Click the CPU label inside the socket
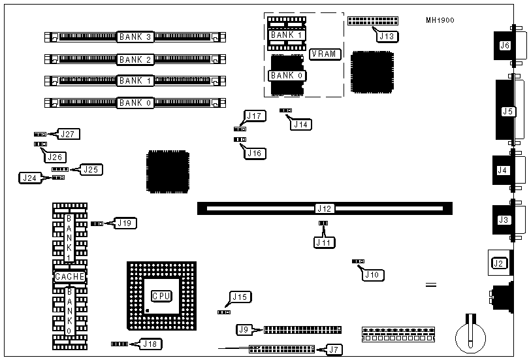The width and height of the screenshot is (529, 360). coord(161,296)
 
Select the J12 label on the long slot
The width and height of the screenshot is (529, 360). coord(325,209)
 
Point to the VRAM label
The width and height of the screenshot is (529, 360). coord(325,54)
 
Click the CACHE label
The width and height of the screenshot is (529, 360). coord(70,277)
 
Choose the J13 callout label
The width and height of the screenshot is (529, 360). coord(386,37)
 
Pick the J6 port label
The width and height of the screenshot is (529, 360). coord(504,46)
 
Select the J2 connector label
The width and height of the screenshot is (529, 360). coord(499,263)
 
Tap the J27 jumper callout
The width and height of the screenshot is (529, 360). coord(69,134)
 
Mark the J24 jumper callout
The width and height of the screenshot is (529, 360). coord(29,177)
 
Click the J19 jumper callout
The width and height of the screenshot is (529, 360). coord(125,223)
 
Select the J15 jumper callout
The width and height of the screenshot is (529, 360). coord(240,298)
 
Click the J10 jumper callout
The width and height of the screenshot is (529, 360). coord(372,274)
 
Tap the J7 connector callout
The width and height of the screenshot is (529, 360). coord(334,350)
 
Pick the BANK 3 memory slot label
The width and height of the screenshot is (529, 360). coord(135,37)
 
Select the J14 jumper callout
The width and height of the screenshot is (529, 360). coord(301,123)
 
